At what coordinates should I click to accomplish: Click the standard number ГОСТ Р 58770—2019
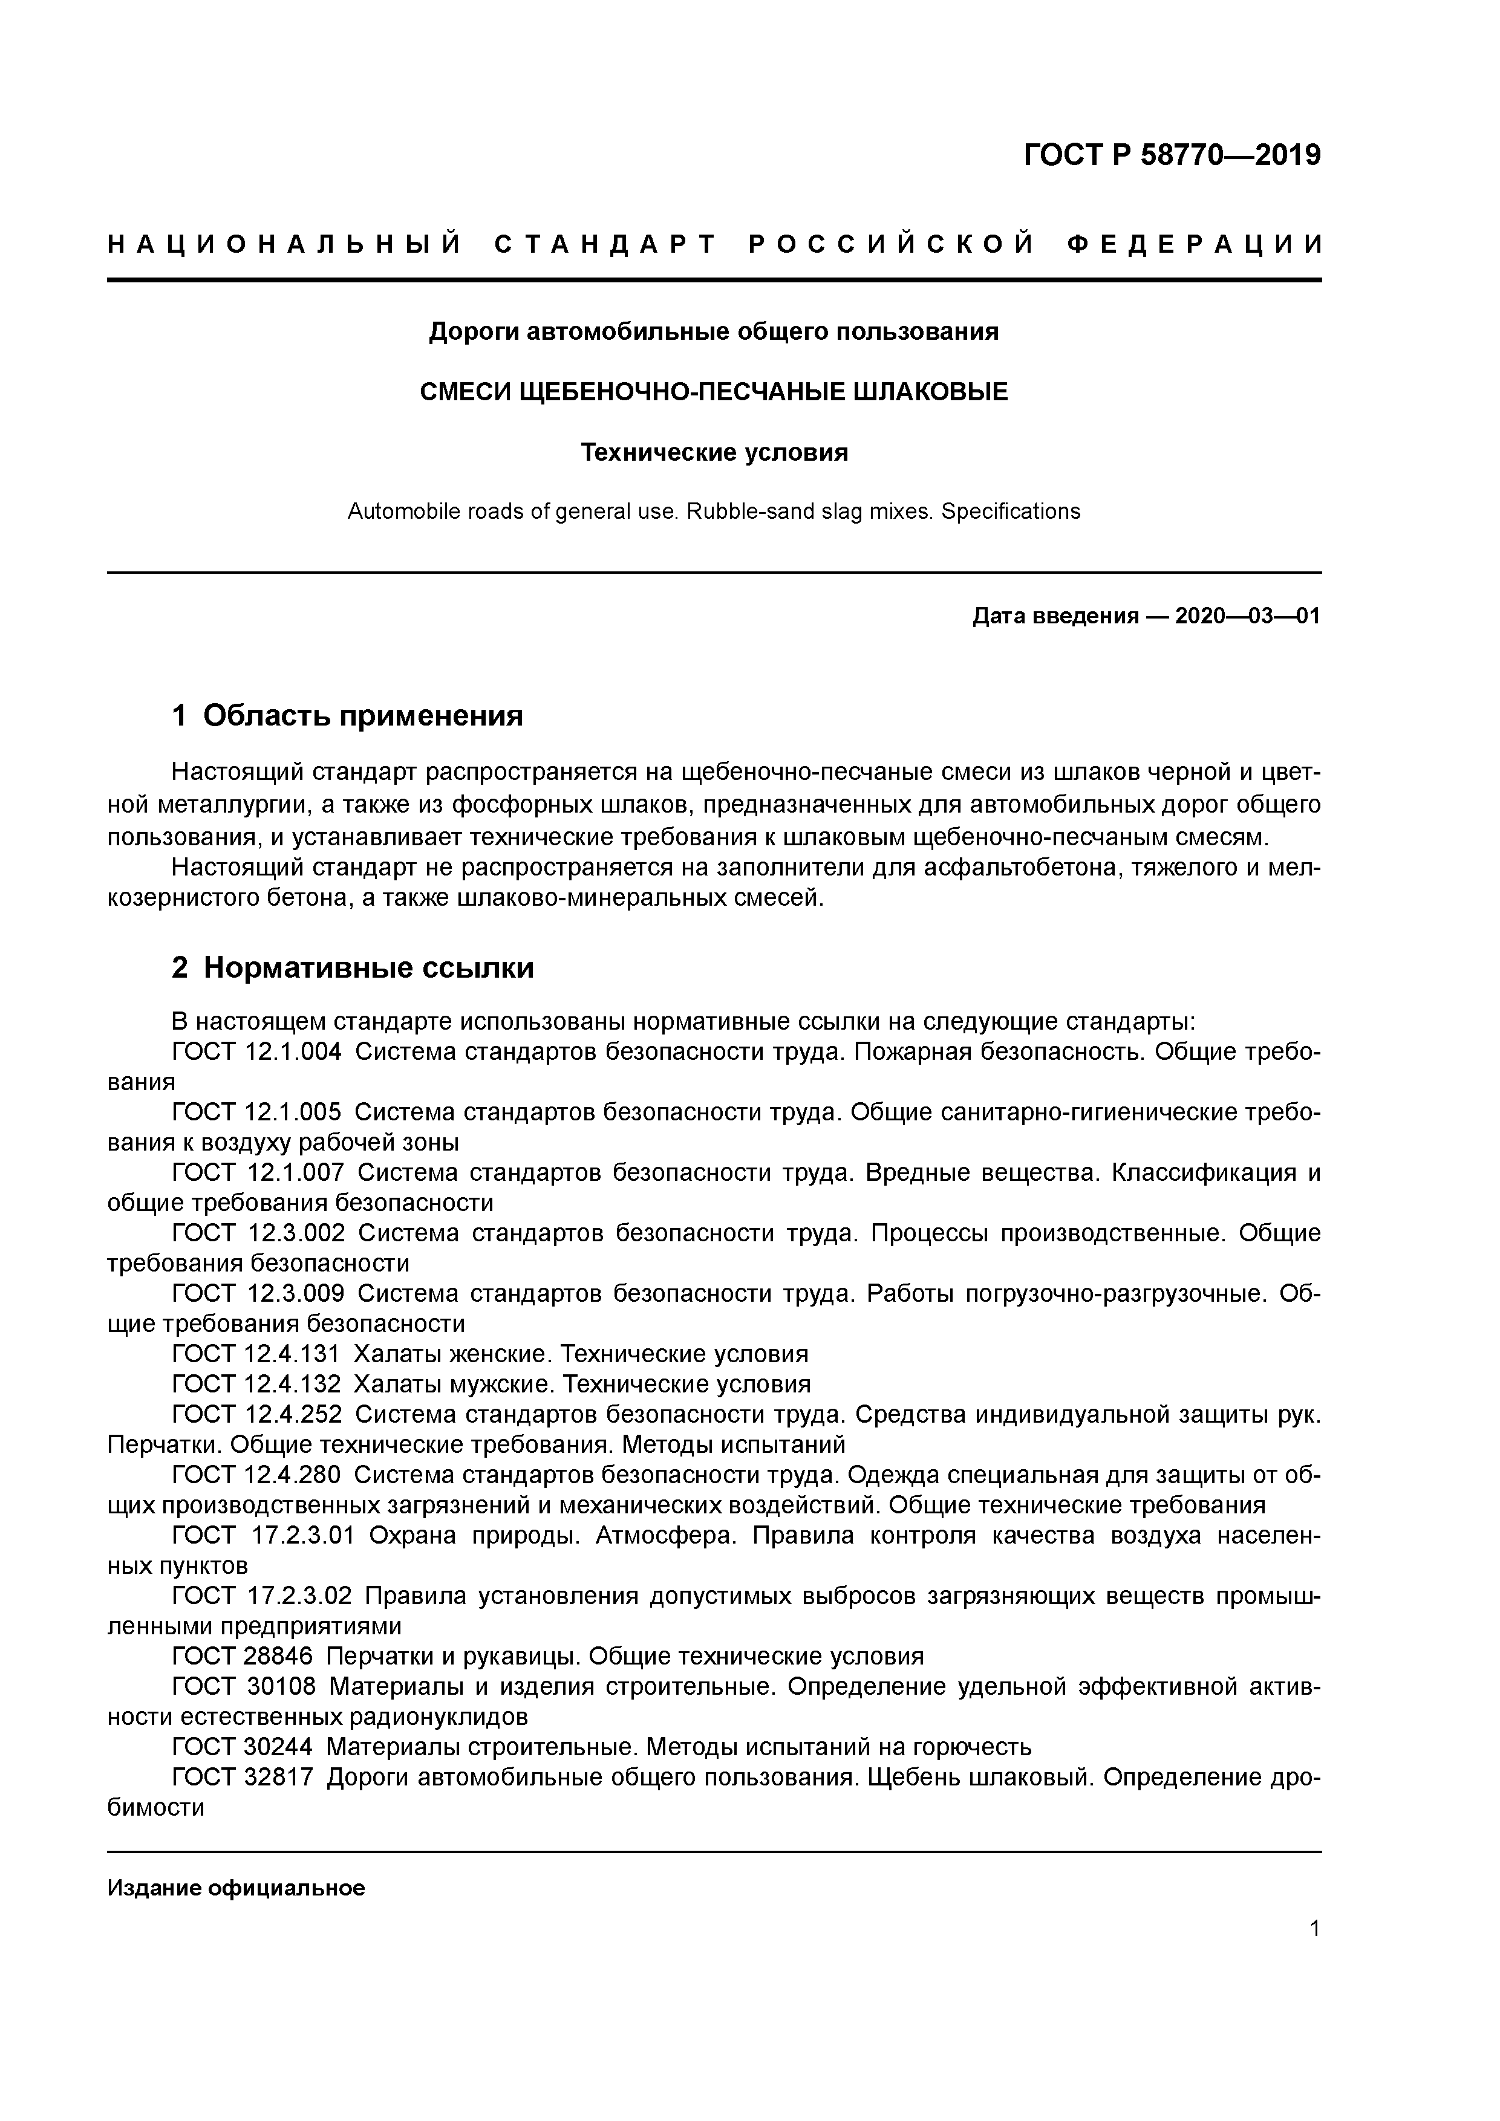click(1172, 155)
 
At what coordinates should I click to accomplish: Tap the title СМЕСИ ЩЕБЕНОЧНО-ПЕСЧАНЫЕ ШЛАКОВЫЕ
click(714, 392)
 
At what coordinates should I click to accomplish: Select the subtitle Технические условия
click(714, 453)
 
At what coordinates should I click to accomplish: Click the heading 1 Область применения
click(348, 715)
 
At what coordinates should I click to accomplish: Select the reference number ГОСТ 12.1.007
click(258, 1172)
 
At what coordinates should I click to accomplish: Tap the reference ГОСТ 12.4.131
click(257, 1354)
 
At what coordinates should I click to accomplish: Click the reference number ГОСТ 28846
click(243, 1656)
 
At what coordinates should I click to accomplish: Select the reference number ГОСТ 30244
click(243, 1747)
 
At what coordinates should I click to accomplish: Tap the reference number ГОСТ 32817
click(243, 1778)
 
